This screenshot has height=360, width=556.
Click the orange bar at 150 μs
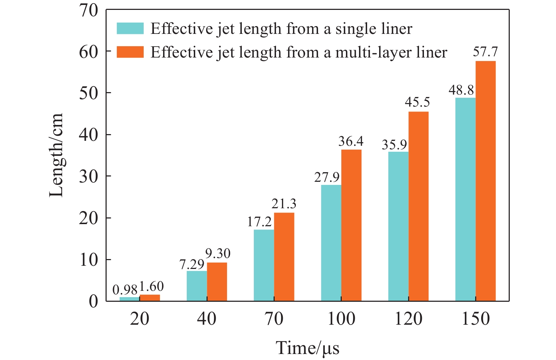pyautogui.click(x=485, y=181)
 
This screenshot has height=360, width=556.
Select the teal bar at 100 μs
pyautogui.click(x=331, y=243)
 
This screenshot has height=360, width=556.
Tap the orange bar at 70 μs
pyautogui.click(x=284, y=257)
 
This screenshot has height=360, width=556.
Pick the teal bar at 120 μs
pyautogui.click(x=398, y=226)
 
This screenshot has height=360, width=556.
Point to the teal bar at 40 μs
pyautogui.click(x=197, y=286)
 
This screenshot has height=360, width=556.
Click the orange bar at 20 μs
pyautogui.click(x=150, y=298)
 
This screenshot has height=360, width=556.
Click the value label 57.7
pyautogui.click(x=485, y=52)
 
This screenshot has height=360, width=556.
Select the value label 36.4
pyautogui.click(x=351, y=142)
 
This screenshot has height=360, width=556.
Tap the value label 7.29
pyautogui.click(x=192, y=264)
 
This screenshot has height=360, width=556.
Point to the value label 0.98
pyautogui.click(x=125, y=290)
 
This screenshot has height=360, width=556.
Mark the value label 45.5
pyautogui.click(x=417, y=102)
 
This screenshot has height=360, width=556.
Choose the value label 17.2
pyautogui.click(x=259, y=222)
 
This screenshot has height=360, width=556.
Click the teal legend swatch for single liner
pyautogui.click(x=130, y=29)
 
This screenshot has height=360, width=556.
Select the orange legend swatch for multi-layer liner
pyautogui.click(x=130, y=52)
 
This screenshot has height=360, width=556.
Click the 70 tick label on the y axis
pyautogui.click(x=88, y=11)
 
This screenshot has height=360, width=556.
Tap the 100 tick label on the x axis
pyautogui.click(x=341, y=319)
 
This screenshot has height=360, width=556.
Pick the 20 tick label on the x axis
pyautogui.click(x=139, y=319)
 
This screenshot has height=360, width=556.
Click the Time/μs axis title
pyautogui.click(x=307, y=348)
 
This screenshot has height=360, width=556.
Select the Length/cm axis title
pyautogui.click(x=56, y=155)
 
